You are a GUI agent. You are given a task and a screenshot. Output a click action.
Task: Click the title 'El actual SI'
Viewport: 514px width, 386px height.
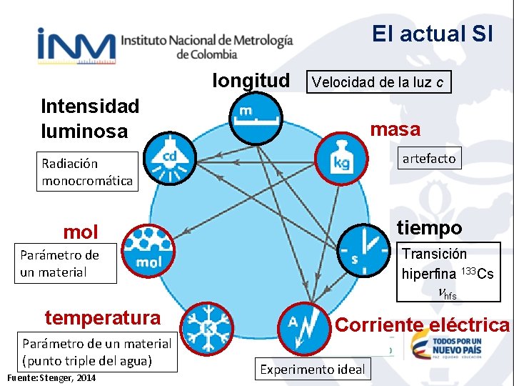coord(432,34)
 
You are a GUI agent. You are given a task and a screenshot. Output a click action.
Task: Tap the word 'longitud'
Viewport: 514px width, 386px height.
coord(251,81)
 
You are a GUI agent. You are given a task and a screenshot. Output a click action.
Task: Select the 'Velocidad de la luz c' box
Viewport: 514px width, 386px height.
coord(378,82)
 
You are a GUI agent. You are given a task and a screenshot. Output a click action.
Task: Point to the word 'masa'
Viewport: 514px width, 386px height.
coord(395,129)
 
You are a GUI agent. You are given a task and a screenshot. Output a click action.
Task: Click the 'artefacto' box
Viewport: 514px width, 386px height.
coord(428,159)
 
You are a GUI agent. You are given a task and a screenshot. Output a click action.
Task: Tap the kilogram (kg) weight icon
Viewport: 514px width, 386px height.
coord(342,158)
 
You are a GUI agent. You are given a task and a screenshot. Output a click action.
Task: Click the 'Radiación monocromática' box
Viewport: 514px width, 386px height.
coord(86,172)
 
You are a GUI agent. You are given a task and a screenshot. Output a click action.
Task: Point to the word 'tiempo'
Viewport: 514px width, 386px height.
coord(430,228)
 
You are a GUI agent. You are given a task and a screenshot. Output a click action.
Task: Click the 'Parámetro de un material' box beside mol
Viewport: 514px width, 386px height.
coord(65,263)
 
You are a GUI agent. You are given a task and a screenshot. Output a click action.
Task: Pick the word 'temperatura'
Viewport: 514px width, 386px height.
coord(103,317)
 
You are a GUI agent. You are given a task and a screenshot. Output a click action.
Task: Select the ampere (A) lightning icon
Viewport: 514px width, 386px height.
coord(304,328)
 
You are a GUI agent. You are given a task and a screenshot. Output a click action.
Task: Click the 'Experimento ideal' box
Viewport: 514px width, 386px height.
coord(312,370)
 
